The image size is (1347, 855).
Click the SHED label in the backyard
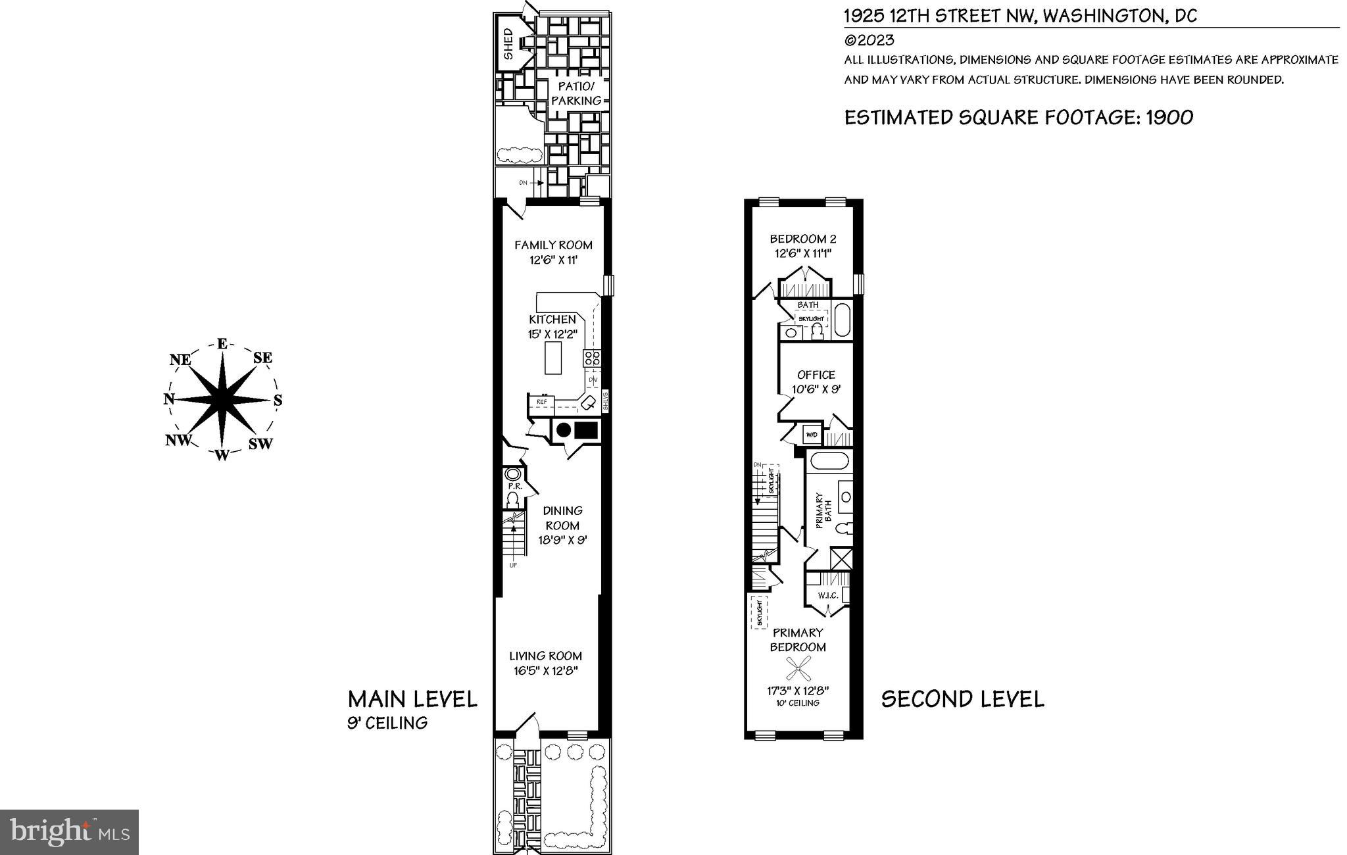point(508,43)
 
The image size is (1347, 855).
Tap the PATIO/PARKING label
point(576,93)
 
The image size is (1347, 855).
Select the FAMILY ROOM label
point(553,245)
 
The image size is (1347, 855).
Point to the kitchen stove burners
point(591,358)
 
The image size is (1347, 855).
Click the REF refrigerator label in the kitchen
point(542,402)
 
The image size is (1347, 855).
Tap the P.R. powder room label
point(514,487)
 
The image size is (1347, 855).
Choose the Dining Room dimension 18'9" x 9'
point(562,540)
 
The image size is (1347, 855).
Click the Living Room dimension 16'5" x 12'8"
point(545,671)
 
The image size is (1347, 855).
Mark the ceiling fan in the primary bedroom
point(798,670)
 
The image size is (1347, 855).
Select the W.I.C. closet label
point(827,596)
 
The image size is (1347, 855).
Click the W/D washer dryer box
point(812,435)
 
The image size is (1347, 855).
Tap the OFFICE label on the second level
point(816,375)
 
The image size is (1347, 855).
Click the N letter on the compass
point(168,399)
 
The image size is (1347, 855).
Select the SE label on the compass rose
point(262,358)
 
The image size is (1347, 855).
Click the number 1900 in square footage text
point(1169,118)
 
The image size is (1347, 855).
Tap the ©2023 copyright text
point(869,40)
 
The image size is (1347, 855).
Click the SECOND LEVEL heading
point(962,698)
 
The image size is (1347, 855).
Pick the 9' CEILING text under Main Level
point(387,723)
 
